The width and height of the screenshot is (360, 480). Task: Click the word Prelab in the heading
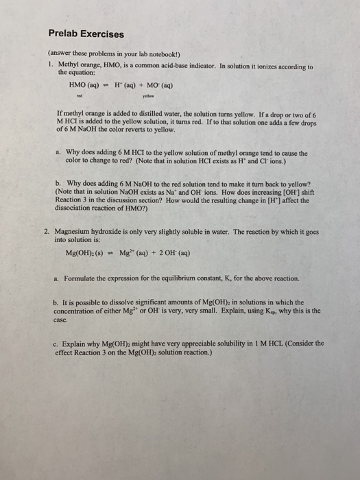pyautogui.click(x=65, y=34)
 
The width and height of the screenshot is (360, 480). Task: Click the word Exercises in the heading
pyautogui.click(x=103, y=34)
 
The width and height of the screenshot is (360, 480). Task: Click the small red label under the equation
pyautogui.click(x=80, y=97)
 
